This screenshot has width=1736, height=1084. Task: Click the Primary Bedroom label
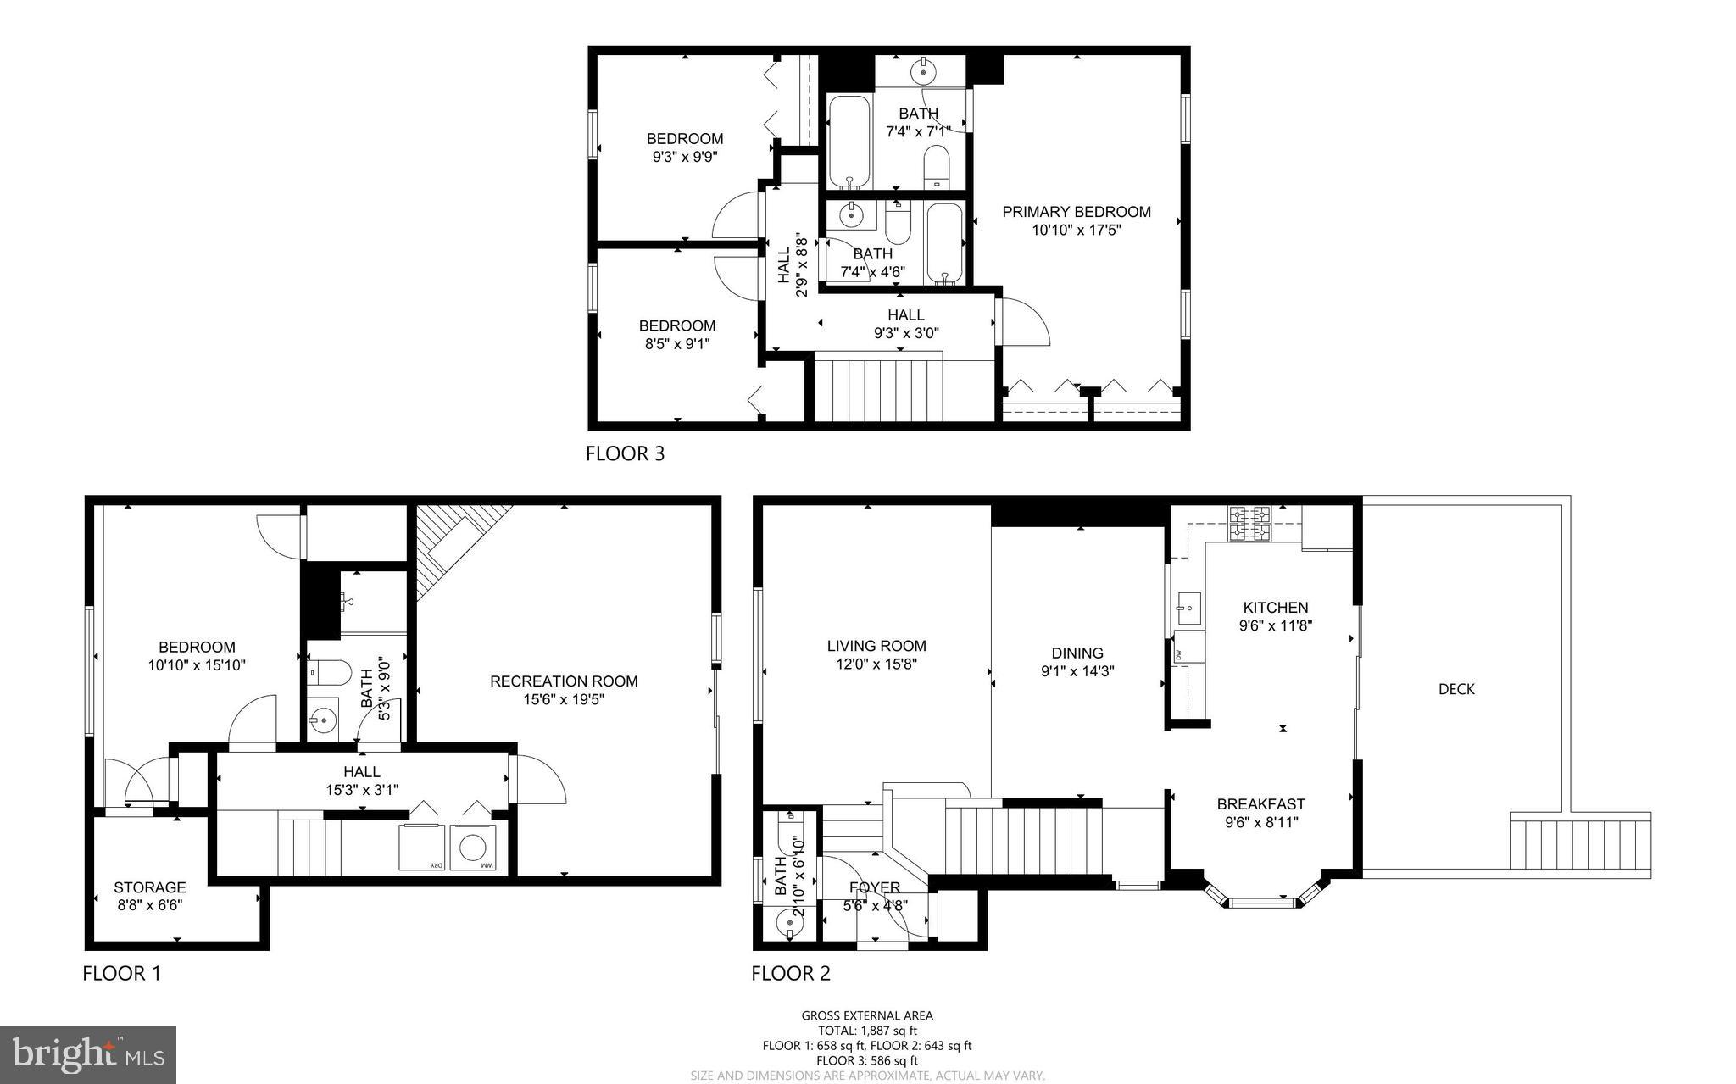pos(1076,212)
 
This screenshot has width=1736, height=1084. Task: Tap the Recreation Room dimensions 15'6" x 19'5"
pos(564,699)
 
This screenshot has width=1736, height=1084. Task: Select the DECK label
pos(1456,689)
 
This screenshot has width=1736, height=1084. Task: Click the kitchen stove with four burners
pos(1250,523)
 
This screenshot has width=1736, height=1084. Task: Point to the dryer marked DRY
pos(425,847)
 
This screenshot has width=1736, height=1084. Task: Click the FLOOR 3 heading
pos(625,453)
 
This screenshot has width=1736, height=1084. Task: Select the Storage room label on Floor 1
pos(150,887)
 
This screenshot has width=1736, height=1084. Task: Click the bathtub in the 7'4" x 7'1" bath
pos(849,142)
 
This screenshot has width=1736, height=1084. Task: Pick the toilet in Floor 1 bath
pos(330,673)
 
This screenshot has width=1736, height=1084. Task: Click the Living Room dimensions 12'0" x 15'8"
pos(876,664)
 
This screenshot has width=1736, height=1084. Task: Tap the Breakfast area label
pos(1260,803)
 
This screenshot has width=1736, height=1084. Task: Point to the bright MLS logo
pos(88,1054)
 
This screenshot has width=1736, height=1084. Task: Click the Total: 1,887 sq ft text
pos(866,1031)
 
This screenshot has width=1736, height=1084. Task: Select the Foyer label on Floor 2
pos(874,887)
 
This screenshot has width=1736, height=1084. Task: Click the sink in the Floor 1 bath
pos(323,721)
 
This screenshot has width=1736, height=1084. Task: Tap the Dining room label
pos(1077,653)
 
